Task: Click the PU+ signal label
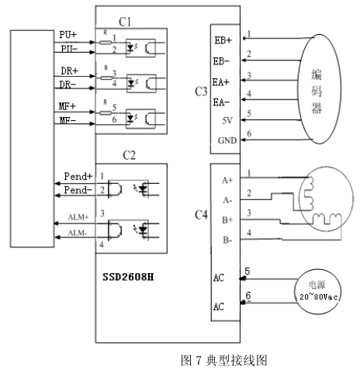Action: (x=67, y=35)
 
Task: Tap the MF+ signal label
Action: (x=67, y=105)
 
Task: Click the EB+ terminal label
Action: (x=223, y=39)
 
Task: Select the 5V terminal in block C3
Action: (x=224, y=120)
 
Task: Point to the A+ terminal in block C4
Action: (x=227, y=180)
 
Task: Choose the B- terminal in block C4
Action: (x=227, y=240)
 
